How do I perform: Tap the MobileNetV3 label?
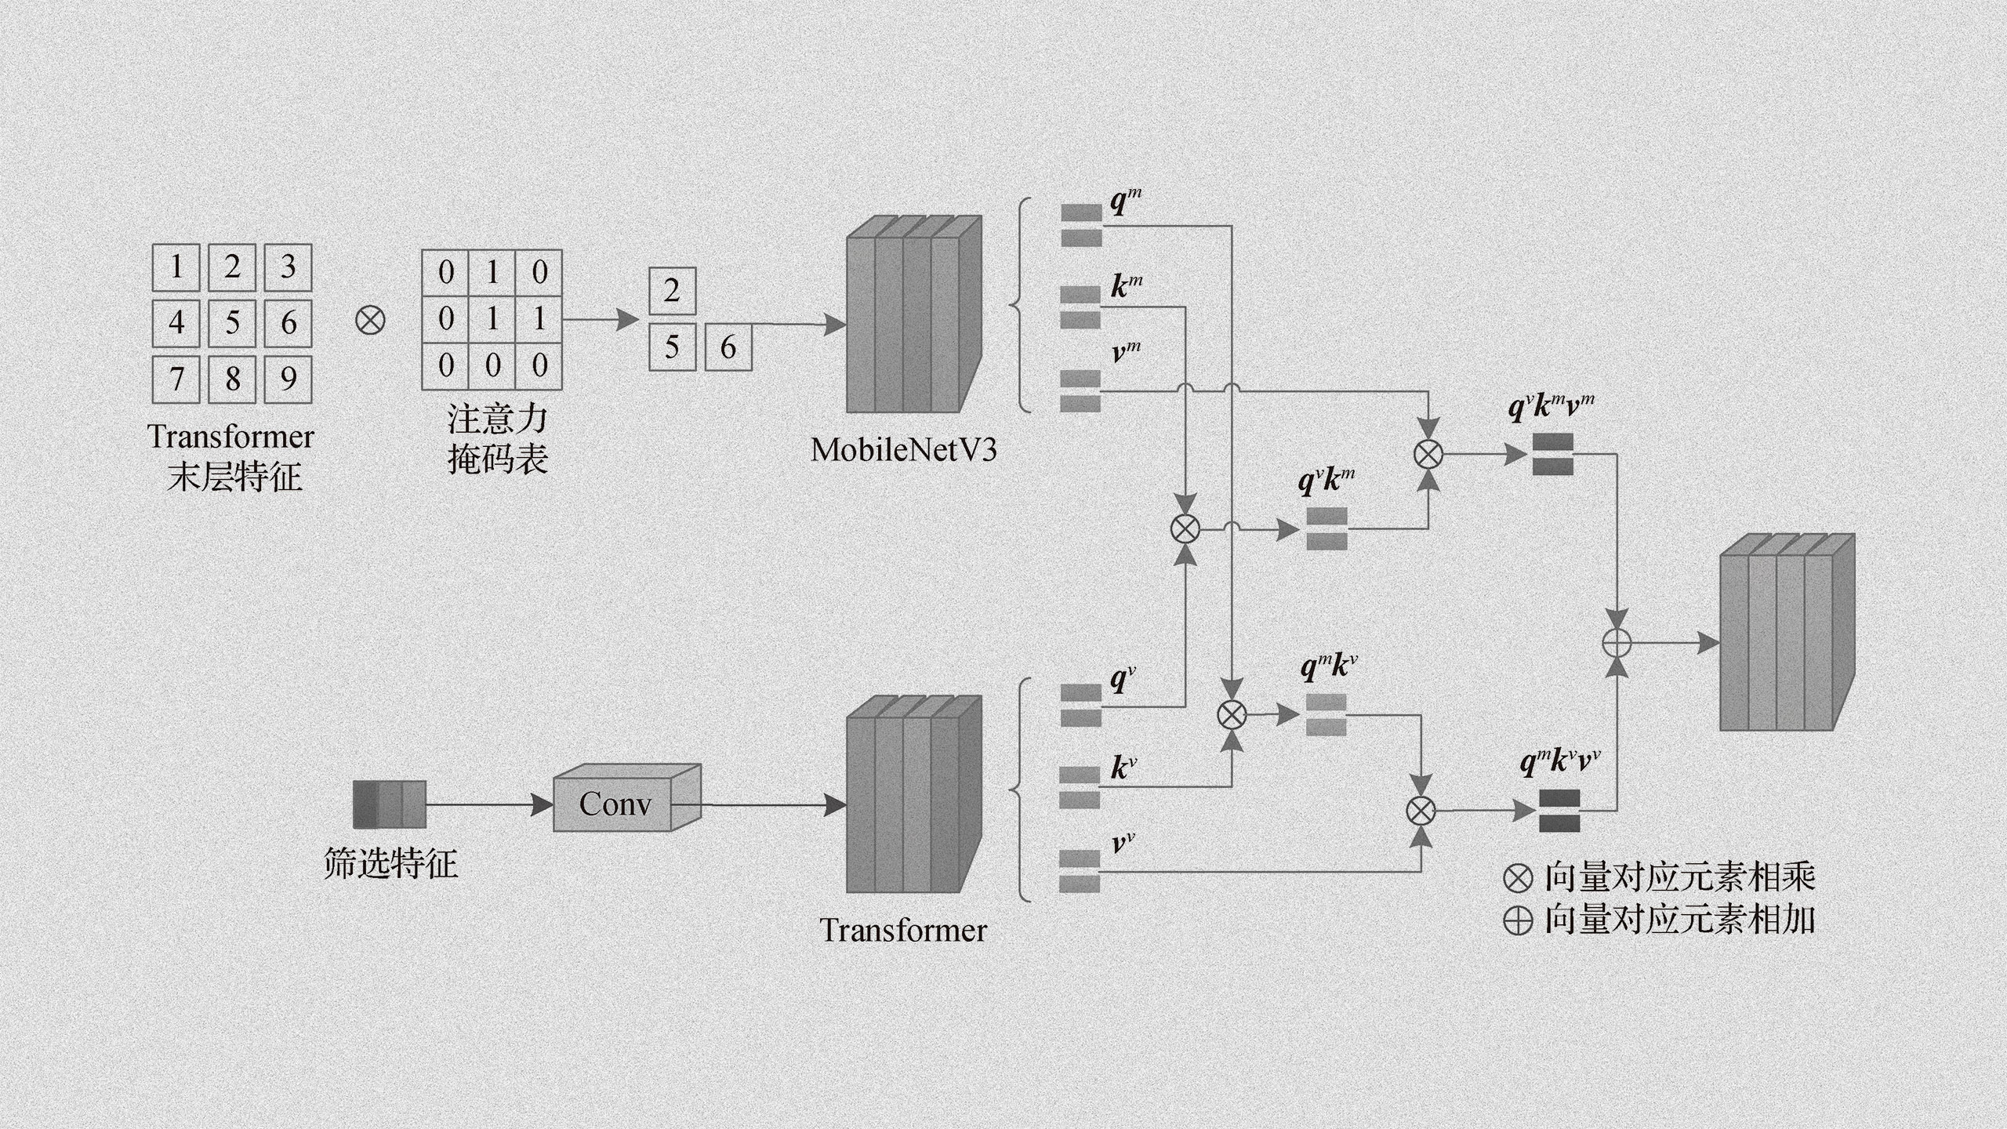tap(903, 450)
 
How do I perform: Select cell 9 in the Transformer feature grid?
tap(288, 379)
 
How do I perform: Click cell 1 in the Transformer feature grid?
tap(176, 267)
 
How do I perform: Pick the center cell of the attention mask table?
tap(492, 319)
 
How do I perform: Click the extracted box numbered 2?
tap(672, 291)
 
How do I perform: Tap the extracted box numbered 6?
tap(728, 347)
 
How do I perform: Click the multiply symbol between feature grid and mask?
tap(370, 320)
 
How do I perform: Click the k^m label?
tap(1127, 286)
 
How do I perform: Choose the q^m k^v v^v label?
tap(1560, 761)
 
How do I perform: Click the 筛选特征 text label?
tap(390, 864)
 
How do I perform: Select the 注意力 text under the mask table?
tap(497, 419)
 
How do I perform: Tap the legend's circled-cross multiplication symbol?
tap(1519, 877)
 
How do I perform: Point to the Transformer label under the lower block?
tap(903, 931)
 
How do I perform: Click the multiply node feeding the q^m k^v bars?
tap(1232, 714)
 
